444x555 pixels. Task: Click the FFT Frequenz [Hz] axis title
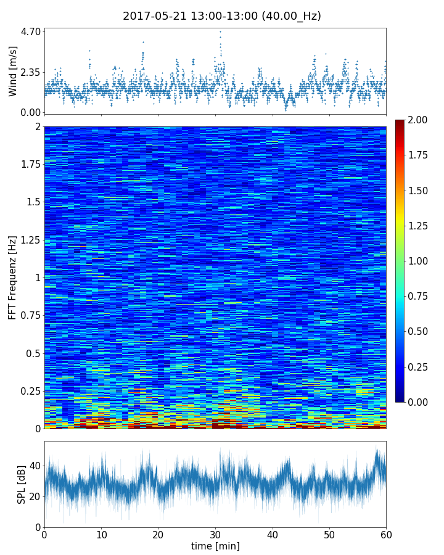[x=13, y=277]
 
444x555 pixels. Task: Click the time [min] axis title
[x=215, y=546]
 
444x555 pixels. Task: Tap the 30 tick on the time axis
[x=215, y=534]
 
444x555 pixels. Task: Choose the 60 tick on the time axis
[x=386, y=534]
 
